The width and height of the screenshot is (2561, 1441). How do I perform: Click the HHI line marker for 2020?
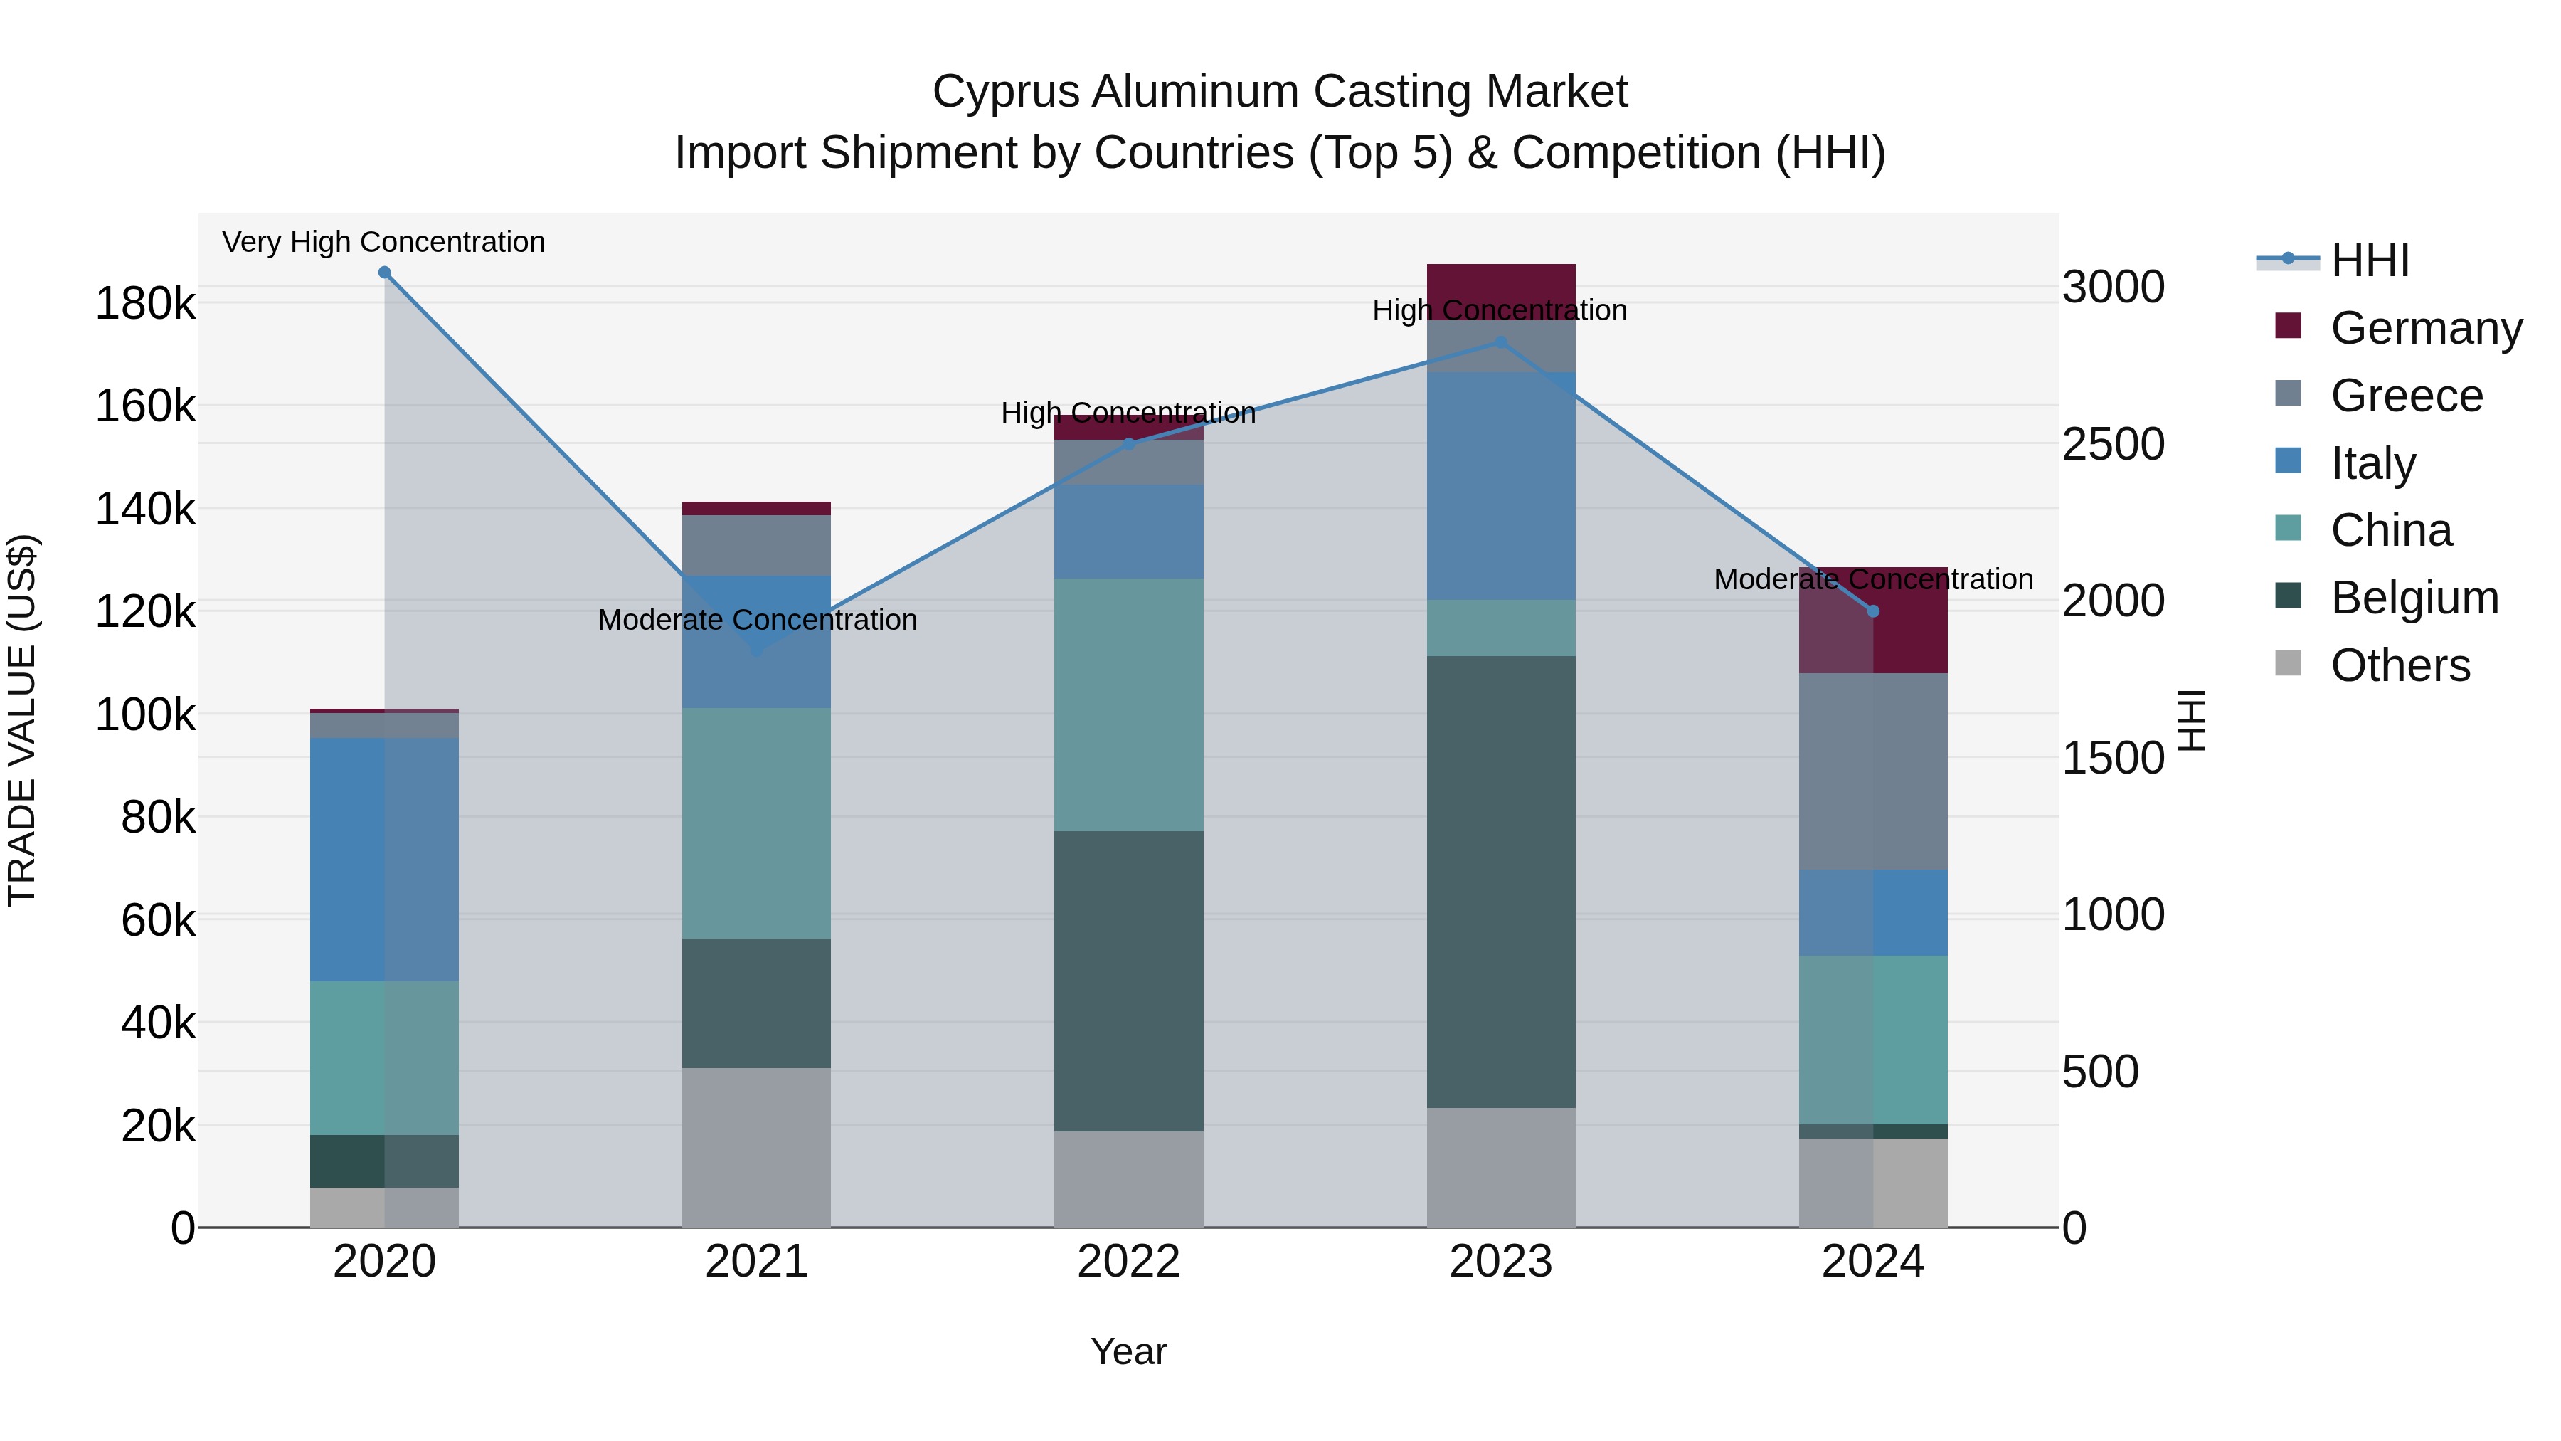pyautogui.click(x=385, y=273)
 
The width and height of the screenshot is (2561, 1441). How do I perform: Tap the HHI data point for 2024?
pyautogui.click(x=1873, y=611)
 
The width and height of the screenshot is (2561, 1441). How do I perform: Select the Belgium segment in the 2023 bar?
pyautogui.click(x=1500, y=881)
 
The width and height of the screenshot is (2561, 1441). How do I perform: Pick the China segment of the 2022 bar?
pyautogui.click(x=1128, y=704)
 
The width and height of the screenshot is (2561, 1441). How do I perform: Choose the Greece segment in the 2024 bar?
pyautogui.click(x=1873, y=771)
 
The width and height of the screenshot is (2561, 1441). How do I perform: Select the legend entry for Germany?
pyautogui.click(x=2426, y=328)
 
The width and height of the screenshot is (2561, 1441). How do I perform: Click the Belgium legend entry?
pyautogui.click(x=2414, y=598)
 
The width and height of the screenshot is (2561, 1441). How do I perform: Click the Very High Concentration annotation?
pyautogui.click(x=383, y=242)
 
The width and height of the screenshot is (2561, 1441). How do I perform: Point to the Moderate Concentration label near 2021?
pyautogui.click(x=757, y=620)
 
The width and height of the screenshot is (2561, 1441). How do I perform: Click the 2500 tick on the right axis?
pyautogui.click(x=2113, y=445)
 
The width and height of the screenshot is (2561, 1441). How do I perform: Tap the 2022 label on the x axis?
pyautogui.click(x=1128, y=1262)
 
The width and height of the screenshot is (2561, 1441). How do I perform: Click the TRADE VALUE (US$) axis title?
pyautogui.click(x=22, y=720)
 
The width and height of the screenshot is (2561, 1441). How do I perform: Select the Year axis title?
pyautogui.click(x=1128, y=1351)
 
